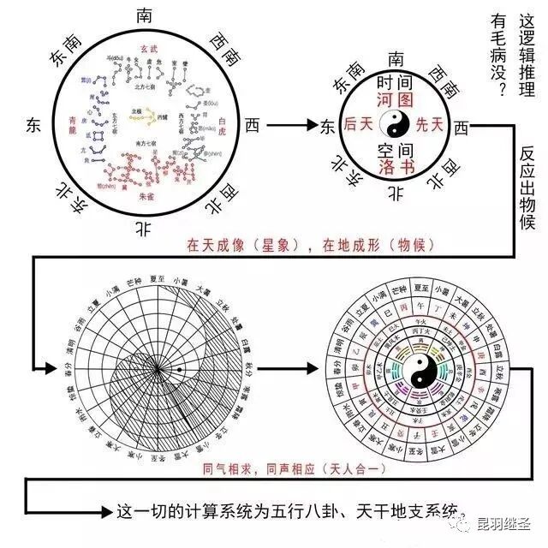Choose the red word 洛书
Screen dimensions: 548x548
tap(395, 167)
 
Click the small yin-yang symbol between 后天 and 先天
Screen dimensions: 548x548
tap(395, 126)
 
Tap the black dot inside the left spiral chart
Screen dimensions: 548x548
tap(181, 369)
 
